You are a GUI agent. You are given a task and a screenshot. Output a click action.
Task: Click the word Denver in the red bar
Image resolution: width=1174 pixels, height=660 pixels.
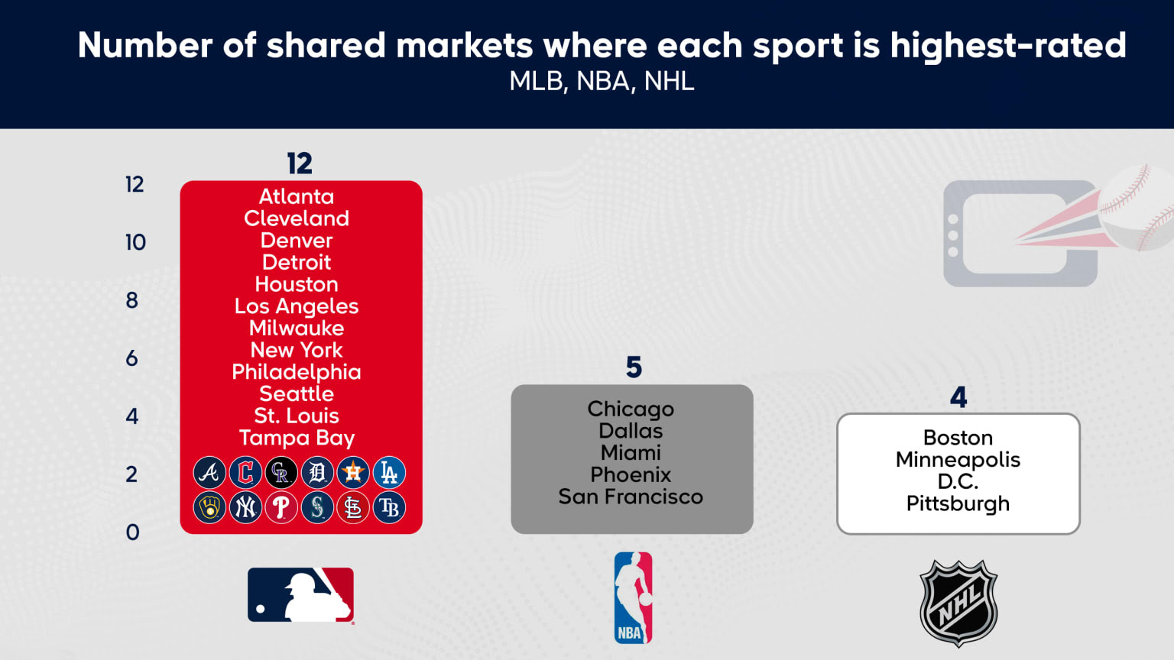point(297,241)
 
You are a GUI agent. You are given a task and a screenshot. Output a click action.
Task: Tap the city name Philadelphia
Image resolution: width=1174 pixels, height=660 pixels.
point(297,373)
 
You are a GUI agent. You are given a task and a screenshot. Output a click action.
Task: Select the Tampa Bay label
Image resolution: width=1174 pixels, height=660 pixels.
point(297,438)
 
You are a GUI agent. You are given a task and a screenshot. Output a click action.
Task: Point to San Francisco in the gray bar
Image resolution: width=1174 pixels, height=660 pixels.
point(631,497)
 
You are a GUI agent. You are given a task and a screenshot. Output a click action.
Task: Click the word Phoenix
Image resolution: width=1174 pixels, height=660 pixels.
point(631,474)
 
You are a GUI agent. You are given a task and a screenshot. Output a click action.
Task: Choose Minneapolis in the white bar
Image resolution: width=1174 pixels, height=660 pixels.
point(958,460)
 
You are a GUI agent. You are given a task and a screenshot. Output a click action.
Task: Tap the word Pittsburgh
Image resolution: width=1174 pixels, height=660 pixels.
point(958,504)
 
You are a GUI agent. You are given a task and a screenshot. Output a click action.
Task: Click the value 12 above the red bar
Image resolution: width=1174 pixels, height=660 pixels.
point(300,163)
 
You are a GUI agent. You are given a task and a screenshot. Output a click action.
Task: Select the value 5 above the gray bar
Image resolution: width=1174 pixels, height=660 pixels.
point(634,367)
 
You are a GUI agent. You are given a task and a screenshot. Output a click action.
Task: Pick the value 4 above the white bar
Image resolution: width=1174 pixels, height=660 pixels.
point(958,397)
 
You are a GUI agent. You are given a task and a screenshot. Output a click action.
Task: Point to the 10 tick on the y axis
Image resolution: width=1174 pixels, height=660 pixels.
point(135,242)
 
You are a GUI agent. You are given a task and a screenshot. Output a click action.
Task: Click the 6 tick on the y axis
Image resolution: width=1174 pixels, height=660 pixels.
point(132,358)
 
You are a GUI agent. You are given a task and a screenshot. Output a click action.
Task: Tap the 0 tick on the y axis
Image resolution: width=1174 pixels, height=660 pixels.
point(132,532)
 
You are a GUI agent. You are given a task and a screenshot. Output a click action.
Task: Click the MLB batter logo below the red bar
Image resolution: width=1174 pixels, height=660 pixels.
point(301,595)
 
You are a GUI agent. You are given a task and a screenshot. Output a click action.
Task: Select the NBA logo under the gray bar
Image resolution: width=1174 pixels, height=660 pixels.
point(633,597)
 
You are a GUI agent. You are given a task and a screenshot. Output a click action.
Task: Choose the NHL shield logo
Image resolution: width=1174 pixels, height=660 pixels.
point(958,603)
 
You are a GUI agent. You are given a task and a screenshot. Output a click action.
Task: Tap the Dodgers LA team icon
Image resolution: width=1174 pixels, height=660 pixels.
point(389,473)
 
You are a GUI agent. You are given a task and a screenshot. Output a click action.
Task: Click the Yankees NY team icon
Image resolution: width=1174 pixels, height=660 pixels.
point(245,507)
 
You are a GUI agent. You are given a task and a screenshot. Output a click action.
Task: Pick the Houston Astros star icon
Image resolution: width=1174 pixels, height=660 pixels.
point(353,473)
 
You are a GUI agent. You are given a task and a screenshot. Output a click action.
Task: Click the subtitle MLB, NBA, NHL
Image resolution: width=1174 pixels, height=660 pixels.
point(602,81)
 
